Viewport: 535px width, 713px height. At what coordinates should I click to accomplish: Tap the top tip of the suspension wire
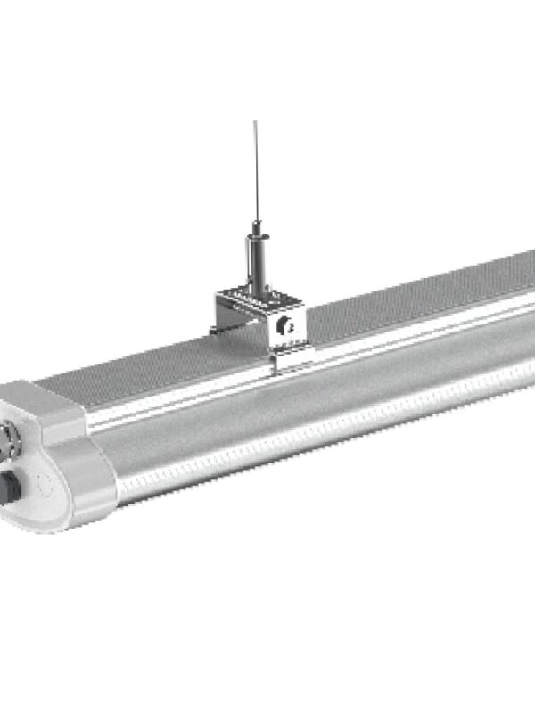pos(255,122)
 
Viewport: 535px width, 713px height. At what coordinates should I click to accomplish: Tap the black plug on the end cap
pos(11,487)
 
